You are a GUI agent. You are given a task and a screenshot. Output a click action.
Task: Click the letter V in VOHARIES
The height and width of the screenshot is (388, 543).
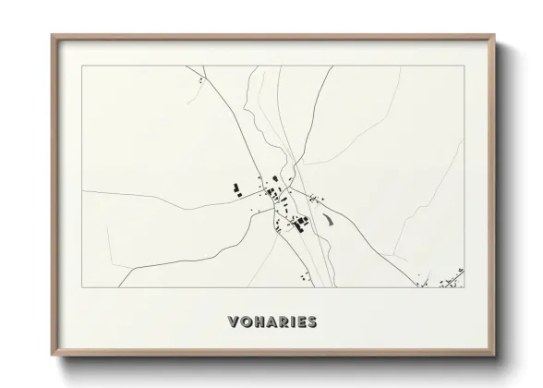pyautogui.click(x=233, y=322)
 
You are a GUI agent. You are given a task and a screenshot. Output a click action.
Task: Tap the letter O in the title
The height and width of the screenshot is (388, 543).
pyautogui.click(x=246, y=322)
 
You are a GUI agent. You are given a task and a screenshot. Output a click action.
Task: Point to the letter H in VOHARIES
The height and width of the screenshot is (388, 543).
pyautogui.click(x=259, y=322)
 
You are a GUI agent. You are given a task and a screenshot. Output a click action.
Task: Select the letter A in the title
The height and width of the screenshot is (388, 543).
pyautogui.click(x=271, y=322)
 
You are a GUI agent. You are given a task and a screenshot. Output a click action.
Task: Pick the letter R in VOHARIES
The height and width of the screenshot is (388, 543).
pyautogui.click(x=284, y=322)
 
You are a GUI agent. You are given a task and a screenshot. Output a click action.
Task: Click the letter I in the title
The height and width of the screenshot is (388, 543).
pyautogui.click(x=293, y=322)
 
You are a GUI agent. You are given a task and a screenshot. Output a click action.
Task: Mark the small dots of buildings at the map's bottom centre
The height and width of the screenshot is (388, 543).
pyautogui.click(x=303, y=275)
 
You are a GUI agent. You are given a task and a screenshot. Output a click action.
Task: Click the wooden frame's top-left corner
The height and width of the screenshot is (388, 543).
pyautogui.click(x=52, y=36)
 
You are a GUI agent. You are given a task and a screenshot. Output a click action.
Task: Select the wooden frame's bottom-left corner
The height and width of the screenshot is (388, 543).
pyautogui.click(x=52, y=355)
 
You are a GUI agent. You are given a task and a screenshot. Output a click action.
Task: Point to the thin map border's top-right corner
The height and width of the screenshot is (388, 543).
pyautogui.click(x=464, y=66)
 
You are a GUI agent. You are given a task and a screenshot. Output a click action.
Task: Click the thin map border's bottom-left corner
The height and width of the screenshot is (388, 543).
pyautogui.click(x=82, y=287)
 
